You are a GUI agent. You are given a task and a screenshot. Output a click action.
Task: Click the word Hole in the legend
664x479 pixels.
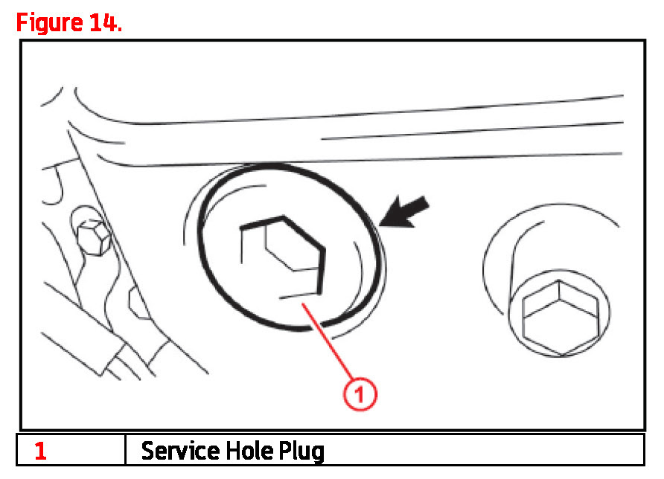click(246, 451)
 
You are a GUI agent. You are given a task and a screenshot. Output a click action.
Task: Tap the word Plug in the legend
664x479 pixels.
click(301, 451)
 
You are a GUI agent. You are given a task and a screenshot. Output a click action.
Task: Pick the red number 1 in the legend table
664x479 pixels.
click(40, 451)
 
